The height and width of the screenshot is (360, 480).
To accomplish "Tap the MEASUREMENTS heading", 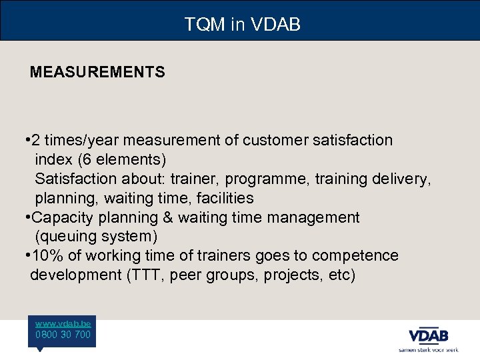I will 97,72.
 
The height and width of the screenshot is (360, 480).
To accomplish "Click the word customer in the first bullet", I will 273,141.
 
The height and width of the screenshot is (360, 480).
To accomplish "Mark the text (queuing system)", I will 96,237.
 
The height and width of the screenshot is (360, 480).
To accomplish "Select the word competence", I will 357,256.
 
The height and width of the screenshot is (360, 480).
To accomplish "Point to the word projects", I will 292,275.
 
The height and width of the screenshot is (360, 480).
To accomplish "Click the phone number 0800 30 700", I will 63,335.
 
